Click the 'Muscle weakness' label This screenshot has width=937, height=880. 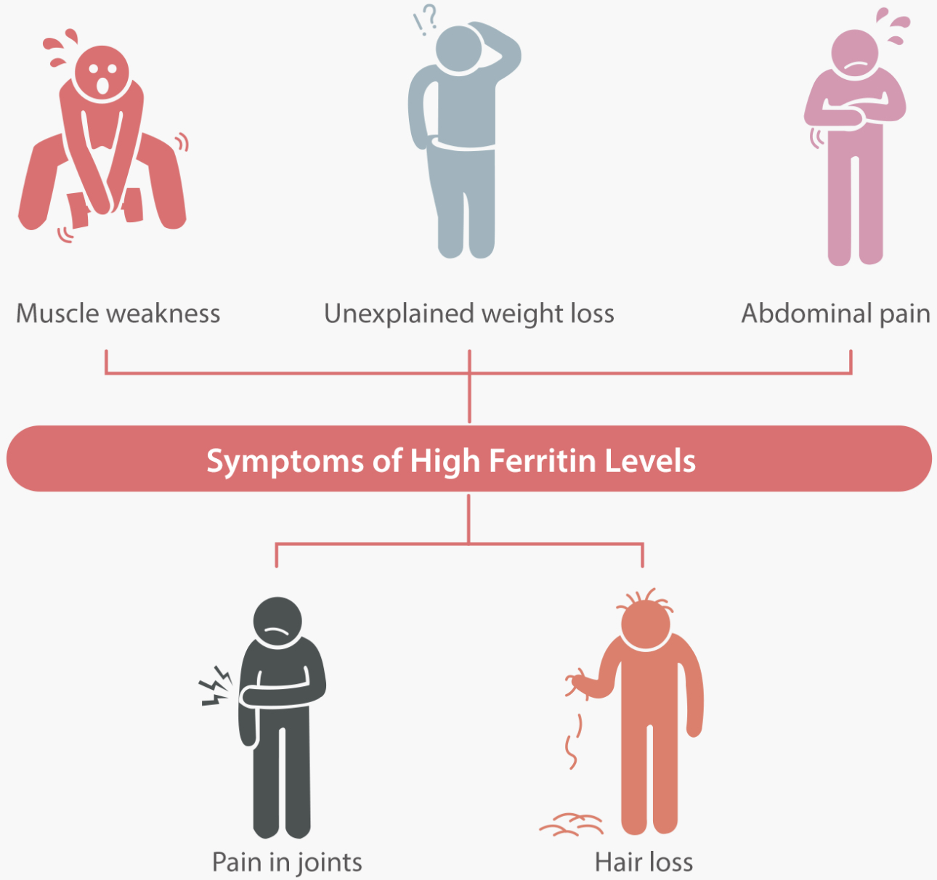pyautogui.click(x=118, y=314)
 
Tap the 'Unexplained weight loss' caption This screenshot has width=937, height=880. pyautogui.click(x=469, y=314)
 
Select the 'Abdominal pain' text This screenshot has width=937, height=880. pyautogui.click(x=835, y=314)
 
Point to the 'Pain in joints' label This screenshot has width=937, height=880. pyautogui.click(x=287, y=862)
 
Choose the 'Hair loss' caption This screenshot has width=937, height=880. pyautogui.click(x=644, y=862)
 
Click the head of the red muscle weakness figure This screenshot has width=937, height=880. pyautogui.click(x=102, y=73)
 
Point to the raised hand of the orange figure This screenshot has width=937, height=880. pyautogui.click(x=579, y=683)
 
